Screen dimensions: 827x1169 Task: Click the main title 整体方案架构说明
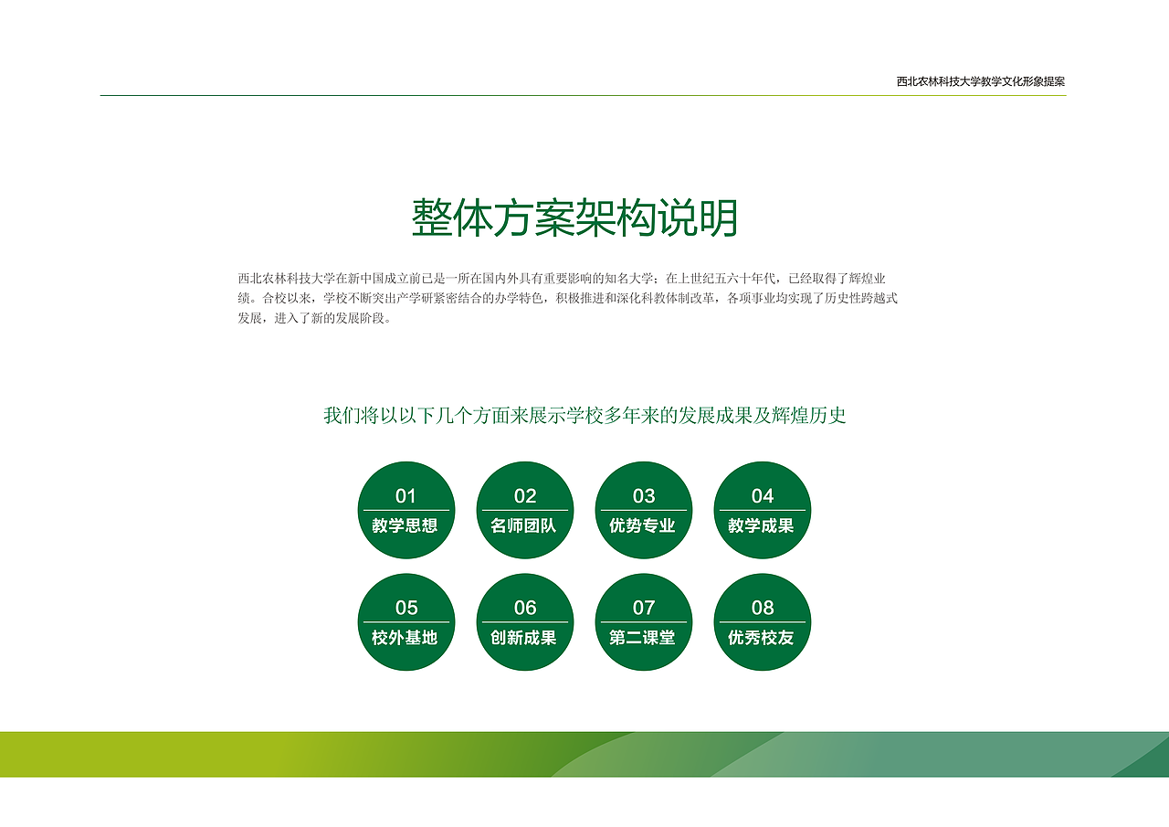click(x=574, y=218)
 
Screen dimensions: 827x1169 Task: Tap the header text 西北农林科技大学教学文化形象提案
click(x=980, y=81)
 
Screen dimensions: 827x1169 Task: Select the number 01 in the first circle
click(x=405, y=496)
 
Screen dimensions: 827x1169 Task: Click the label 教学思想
click(x=405, y=526)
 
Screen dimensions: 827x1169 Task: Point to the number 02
click(x=525, y=496)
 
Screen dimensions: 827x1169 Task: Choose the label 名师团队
click(x=523, y=526)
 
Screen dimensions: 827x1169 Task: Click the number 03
click(x=644, y=496)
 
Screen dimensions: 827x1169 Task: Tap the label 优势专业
click(x=642, y=526)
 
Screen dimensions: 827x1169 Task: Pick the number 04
click(x=763, y=496)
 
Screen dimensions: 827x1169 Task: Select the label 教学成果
click(x=761, y=526)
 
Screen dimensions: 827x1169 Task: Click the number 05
click(x=406, y=608)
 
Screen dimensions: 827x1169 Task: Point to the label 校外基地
click(x=405, y=638)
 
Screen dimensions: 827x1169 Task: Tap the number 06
click(x=525, y=608)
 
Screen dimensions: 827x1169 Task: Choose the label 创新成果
click(x=523, y=638)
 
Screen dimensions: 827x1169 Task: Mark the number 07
click(x=644, y=608)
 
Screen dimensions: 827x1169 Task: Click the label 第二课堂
click(x=642, y=638)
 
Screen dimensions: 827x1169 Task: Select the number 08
click(x=763, y=608)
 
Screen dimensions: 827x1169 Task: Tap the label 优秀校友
click(x=761, y=638)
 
